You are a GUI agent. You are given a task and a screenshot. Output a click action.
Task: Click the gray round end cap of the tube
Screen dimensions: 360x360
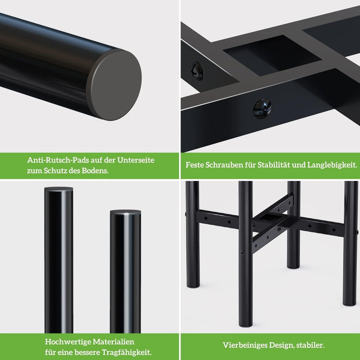[114, 84]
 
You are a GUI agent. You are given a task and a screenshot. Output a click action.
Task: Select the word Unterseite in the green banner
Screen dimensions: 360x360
[135, 160]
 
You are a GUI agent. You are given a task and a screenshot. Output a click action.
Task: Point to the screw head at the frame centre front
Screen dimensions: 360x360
[262, 108]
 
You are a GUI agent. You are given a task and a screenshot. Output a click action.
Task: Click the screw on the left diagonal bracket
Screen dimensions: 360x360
[197, 71]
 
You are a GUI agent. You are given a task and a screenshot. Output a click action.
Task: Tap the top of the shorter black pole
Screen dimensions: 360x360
[125, 212]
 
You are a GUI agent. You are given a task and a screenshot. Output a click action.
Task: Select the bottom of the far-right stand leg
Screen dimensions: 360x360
[350, 302]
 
